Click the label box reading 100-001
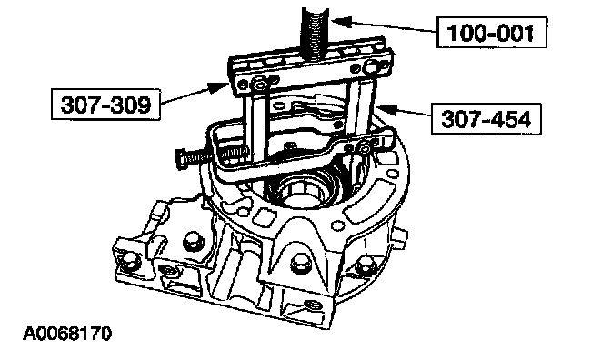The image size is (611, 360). tap(491, 33)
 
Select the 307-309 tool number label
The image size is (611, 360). tap(105, 105)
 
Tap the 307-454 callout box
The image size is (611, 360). tap(486, 118)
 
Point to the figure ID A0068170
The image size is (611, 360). tap(67, 334)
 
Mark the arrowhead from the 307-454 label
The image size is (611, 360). tap(385, 108)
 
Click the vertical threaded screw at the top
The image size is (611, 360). tap(315, 35)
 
